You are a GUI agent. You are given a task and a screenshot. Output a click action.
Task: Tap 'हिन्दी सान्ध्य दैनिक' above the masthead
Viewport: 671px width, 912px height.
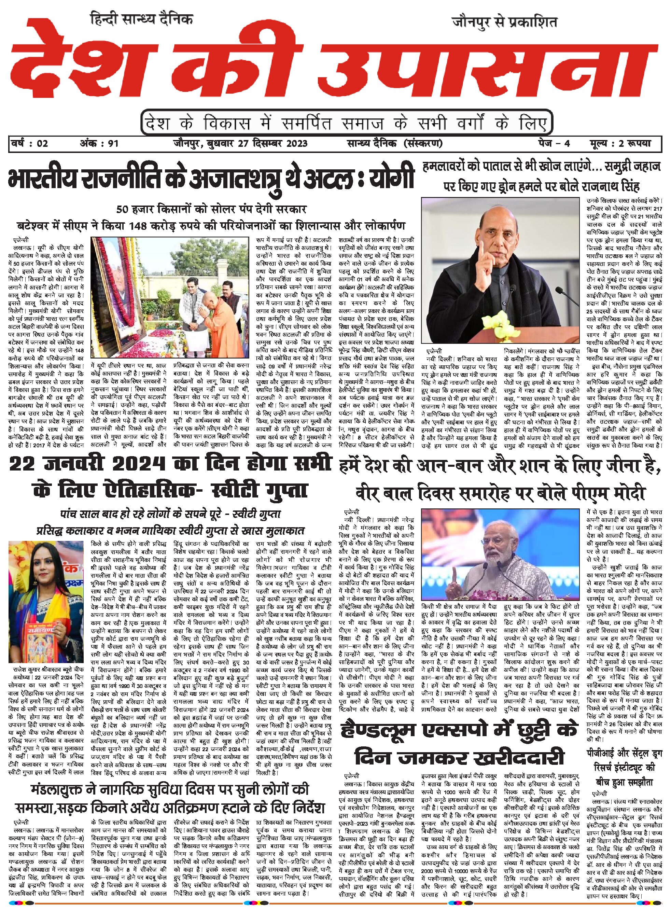[142, 19]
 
